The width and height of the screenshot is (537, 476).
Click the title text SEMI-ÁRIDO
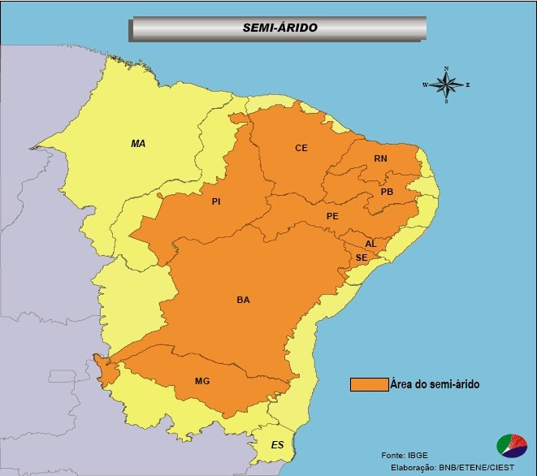(279, 28)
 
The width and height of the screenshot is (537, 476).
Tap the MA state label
(138, 143)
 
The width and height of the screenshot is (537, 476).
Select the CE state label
(301, 148)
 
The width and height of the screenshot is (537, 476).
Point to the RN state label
(380, 158)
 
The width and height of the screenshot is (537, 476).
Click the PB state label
(387, 192)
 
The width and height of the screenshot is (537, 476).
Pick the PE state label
(331, 216)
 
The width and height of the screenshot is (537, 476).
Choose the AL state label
(370, 244)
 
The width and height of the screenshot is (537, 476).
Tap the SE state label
(362, 257)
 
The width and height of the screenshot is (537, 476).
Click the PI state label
(216, 201)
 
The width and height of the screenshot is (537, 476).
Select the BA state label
(243, 300)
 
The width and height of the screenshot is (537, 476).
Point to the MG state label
(202, 380)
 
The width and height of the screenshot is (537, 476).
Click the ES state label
(278, 445)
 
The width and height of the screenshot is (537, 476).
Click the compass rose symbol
(446, 84)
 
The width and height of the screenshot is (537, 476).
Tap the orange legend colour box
(369, 384)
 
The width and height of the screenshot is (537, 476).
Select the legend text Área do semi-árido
(434, 384)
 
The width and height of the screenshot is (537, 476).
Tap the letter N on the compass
(446, 68)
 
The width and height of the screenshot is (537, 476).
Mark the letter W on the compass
(425, 84)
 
